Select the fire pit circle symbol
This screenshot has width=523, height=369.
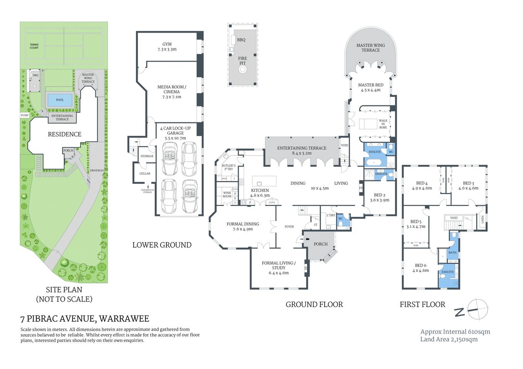(x=242, y=70)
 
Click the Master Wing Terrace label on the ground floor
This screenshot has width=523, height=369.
(x=370, y=48)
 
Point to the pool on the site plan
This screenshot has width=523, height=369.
(x=60, y=100)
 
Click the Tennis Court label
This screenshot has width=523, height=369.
(x=34, y=46)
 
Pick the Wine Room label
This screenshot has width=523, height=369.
(x=227, y=194)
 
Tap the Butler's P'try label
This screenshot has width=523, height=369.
(x=229, y=167)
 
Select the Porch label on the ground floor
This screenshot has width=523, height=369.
(x=320, y=244)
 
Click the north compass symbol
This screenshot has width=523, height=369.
(x=477, y=309)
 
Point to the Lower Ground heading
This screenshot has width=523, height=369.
(x=162, y=245)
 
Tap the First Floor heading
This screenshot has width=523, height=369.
(x=422, y=304)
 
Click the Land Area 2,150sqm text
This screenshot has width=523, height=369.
(x=449, y=339)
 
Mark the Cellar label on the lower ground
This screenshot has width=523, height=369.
(x=145, y=174)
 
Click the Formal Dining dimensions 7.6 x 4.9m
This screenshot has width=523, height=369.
(x=243, y=229)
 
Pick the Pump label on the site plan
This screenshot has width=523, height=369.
(x=25, y=115)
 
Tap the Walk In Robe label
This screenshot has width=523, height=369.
(x=383, y=124)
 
